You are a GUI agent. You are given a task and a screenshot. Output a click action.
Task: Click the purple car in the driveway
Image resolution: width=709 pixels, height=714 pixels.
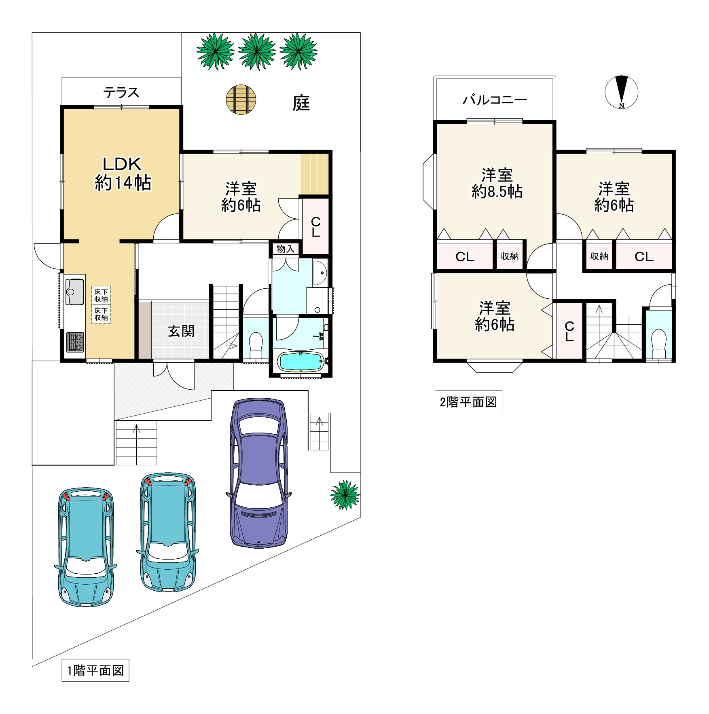[x=259, y=473]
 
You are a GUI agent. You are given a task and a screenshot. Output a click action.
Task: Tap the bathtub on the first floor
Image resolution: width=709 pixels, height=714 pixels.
[x=301, y=361]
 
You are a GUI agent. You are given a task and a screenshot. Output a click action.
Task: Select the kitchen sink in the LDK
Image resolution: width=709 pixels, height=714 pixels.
[x=75, y=292]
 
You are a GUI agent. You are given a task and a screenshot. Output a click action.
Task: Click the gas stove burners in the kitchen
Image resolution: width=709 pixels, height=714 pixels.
[x=75, y=342]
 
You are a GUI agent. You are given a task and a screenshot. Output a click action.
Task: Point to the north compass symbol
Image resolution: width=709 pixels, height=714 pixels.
[x=622, y=92]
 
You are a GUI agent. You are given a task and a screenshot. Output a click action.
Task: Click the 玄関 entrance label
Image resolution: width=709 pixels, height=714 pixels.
[x=181, y=331]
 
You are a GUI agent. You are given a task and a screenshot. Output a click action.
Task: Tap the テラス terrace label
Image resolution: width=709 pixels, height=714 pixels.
[x=121, y=93]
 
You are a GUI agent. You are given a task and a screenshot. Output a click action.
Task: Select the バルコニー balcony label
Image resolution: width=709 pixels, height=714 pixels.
[x=495, y=99]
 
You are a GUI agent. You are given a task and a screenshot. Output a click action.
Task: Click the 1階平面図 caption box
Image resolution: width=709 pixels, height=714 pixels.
[x=95, y=670]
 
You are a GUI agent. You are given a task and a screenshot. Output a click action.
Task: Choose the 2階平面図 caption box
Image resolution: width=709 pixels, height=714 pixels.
[x=468, y=402]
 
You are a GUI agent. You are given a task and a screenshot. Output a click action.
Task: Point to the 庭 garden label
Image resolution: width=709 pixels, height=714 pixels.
[x=301, y=103]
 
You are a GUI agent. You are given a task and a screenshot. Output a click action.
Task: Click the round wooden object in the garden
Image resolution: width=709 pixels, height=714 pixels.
[x=241, y=99]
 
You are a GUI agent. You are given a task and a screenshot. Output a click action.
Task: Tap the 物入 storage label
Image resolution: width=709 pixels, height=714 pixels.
[x=286, y=249]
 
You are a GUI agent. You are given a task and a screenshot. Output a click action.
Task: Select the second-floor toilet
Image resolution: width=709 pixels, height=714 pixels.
[x=659, y=344]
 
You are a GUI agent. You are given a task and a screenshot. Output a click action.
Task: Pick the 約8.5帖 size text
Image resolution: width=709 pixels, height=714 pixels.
[x=497, y=191]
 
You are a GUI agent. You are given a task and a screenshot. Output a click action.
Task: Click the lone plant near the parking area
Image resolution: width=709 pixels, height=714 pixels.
[x=345, y=495]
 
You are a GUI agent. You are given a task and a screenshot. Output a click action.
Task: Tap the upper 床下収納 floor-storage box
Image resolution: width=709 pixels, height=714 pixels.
[x=101, y=295]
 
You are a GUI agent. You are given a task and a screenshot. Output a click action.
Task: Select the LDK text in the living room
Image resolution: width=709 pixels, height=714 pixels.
[x=122, y=164]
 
